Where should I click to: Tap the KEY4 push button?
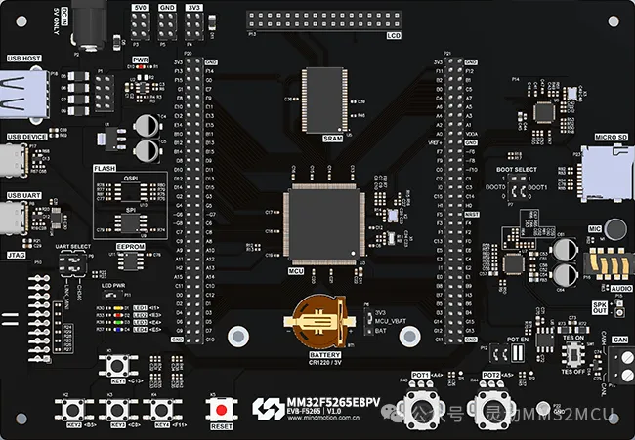156,409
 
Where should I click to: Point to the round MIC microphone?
615,229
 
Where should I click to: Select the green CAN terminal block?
617,363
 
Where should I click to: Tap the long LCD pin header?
323,20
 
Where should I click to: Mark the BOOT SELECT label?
516,170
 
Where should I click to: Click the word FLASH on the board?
105,168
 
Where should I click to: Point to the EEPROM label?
130,247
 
